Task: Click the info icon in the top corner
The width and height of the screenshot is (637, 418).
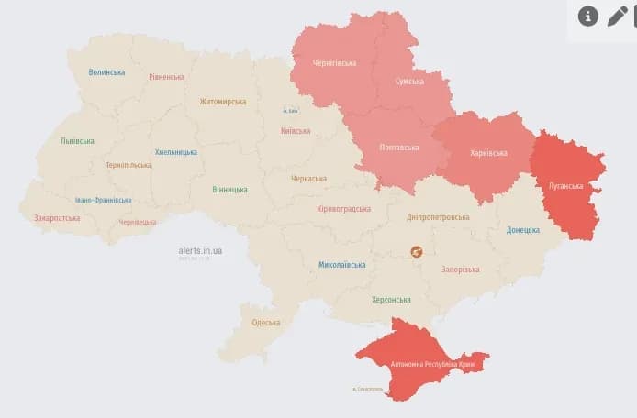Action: click(587, 16)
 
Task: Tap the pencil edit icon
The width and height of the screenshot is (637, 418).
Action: click(618, 16)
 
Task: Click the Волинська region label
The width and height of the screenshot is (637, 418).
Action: click(107, 72)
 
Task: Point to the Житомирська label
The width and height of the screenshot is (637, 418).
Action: click(223, 102)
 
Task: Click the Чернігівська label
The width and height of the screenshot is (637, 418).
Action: click(334, 63)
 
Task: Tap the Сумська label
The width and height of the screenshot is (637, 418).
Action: click(408, 82)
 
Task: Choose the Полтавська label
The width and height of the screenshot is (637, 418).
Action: click(399, 148)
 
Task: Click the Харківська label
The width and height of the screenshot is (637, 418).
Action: click(486, 153)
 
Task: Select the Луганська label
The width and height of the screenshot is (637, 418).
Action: click(565, 185)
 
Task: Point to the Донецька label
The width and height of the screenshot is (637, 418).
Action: click(523, 230)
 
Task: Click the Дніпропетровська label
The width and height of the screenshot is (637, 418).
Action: click(438, 217)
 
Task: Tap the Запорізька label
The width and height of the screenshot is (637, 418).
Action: click(460, 269)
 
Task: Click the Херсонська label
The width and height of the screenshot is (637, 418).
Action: click(391, 300)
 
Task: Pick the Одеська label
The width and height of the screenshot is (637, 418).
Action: click(266, 323)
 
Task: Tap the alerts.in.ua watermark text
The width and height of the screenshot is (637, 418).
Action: click(200, 249)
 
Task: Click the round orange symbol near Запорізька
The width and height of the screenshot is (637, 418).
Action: click(416, 251)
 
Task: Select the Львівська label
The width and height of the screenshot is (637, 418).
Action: click(77, 142)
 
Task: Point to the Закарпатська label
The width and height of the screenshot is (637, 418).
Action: click(57, 218)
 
